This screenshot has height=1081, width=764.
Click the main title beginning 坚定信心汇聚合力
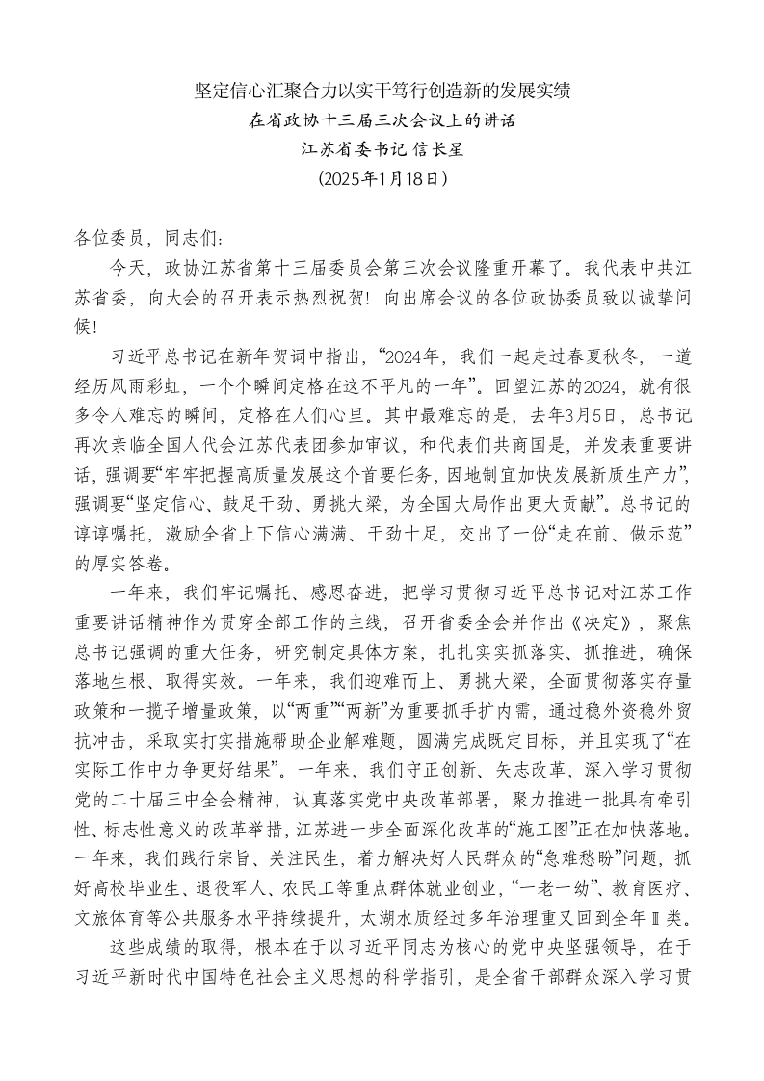point(382,92)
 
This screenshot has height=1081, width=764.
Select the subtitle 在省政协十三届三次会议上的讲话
point(382,121)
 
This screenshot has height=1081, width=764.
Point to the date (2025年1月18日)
point(382,178)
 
